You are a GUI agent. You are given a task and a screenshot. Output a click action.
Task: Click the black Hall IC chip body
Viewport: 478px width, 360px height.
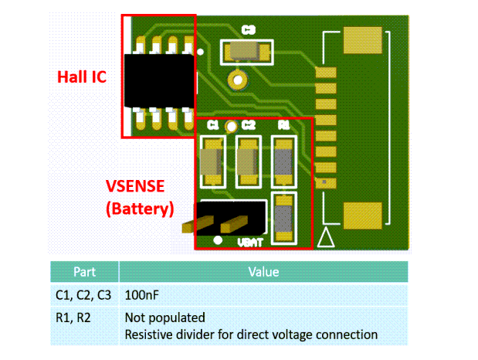click(x=159, y=81)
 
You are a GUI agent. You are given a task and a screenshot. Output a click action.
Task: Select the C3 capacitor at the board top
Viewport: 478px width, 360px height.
click(x=247, y=52)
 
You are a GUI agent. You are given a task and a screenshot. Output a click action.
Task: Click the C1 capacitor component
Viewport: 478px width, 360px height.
click(x=211, y=161)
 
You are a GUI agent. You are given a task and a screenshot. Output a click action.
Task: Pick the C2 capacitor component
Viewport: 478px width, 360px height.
click(x=248, y=161)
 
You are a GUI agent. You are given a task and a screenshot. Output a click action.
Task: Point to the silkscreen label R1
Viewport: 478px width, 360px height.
click(x=283, y=124)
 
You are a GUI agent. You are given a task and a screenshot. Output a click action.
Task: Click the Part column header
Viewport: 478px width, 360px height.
click(x=84, y=272)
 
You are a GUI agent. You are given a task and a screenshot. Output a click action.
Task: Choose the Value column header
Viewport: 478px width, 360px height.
click(x=263, y=272)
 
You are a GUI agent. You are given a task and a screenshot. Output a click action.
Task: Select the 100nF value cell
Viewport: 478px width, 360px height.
click(x=142, y=294)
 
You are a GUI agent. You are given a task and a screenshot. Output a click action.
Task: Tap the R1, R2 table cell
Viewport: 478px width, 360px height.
click(x=73, y=318)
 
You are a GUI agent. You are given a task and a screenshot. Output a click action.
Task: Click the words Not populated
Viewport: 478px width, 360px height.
click(x=164, y=318)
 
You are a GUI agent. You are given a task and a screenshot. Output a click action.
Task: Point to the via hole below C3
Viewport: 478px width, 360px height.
click(x=237, y=79)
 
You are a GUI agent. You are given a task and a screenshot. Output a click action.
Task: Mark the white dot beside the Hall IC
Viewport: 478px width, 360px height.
click(x=202, y=53)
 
